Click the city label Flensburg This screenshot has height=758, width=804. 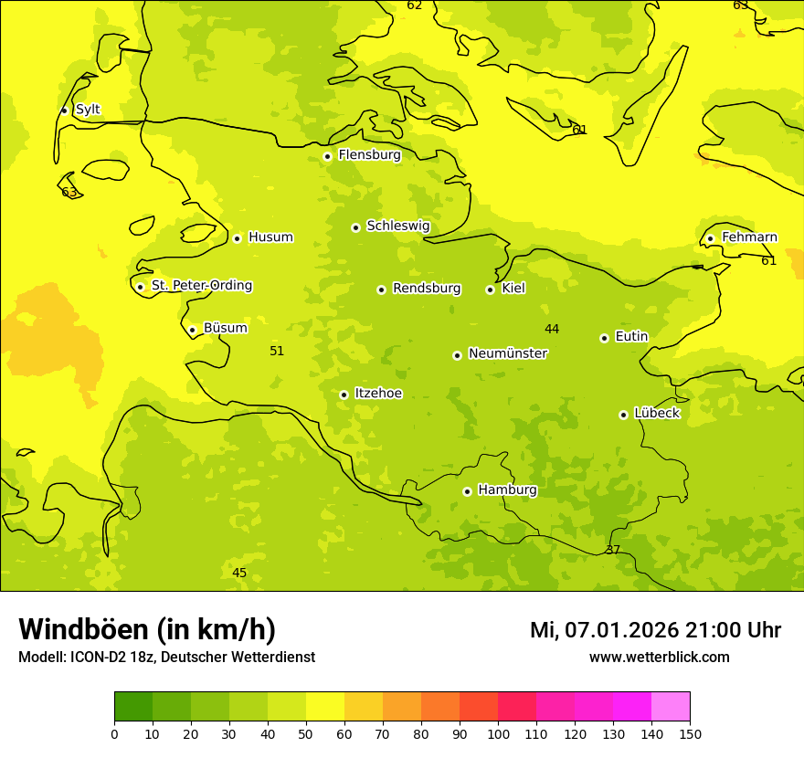pos(369,155)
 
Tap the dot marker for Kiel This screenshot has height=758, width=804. pos(490,290)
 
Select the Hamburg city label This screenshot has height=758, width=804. pos(507,490)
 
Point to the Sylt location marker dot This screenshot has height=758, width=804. pos(64,111)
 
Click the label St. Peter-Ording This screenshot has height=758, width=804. pos(201,286)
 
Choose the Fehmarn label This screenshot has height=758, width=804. pos(749,237)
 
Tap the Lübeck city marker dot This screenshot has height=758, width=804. pos(623,415)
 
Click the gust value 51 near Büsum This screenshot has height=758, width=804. pos(277,352)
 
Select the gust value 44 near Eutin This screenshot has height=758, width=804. pos(552,330)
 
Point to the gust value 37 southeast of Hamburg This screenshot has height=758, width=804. pos(612,551)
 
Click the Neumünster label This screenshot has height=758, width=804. pos(507,353)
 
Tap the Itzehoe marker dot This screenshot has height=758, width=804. pos(344,395)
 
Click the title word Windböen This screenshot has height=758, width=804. pos(83,630)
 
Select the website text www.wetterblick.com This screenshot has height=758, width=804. pos(659,658)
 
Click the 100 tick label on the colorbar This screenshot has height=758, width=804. pos(498,733)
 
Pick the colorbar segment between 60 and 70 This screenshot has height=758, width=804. pos(364,706)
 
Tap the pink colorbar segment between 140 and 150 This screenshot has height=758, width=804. pos(671,706)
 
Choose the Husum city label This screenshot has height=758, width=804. pos(270,237)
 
